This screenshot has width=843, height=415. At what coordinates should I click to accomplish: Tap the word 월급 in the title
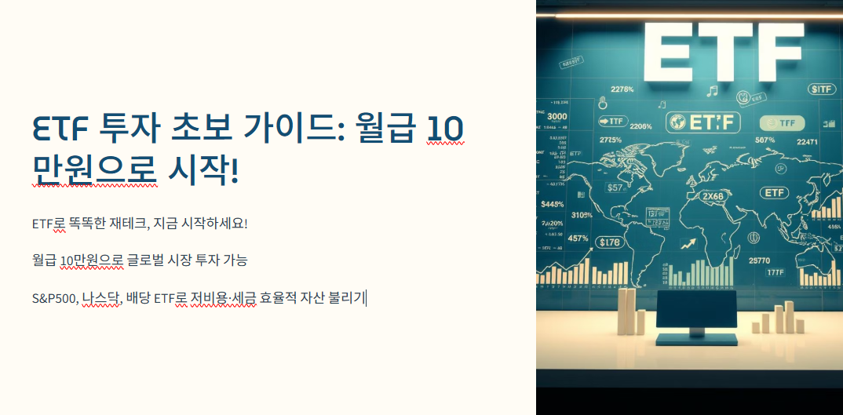(x=382, y=128)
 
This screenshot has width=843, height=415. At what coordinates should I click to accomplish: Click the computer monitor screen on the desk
(x=695, y=310)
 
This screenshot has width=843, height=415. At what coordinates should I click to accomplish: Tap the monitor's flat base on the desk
(x=695, y=340)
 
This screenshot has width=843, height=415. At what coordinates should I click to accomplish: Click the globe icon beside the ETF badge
(x=677, y=122)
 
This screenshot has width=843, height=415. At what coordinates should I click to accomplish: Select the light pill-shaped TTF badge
(x=783, y=123)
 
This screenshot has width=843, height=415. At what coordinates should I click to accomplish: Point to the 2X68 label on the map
(x=712, y=196)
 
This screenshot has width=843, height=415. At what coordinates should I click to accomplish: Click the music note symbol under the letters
(x=712, y=91)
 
